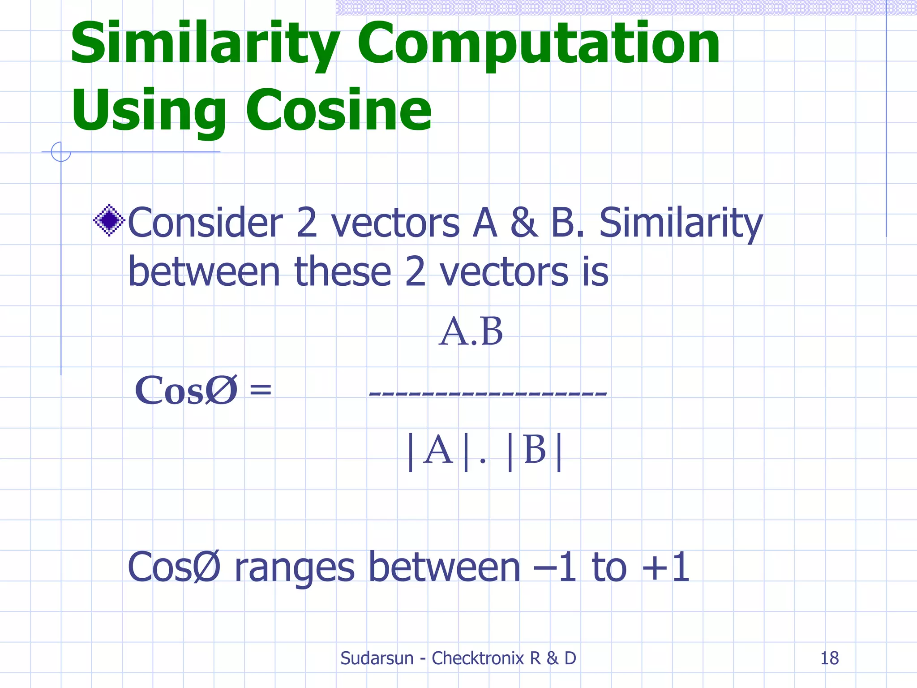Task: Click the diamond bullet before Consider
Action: (x=109, y=220)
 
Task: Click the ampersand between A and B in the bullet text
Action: (x=524, y=223)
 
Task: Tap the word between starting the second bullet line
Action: (x=204, y=272)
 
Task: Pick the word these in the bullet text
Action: (x=343, y=272)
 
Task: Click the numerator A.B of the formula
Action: (x=471, y=332)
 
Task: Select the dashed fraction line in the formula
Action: (x=488, y=393)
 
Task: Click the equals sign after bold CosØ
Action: (x=260, y=388)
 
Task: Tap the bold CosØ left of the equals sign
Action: (x=186, y=390)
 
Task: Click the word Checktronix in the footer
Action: (x=477, y=658)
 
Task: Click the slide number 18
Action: (x=829, y=658)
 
